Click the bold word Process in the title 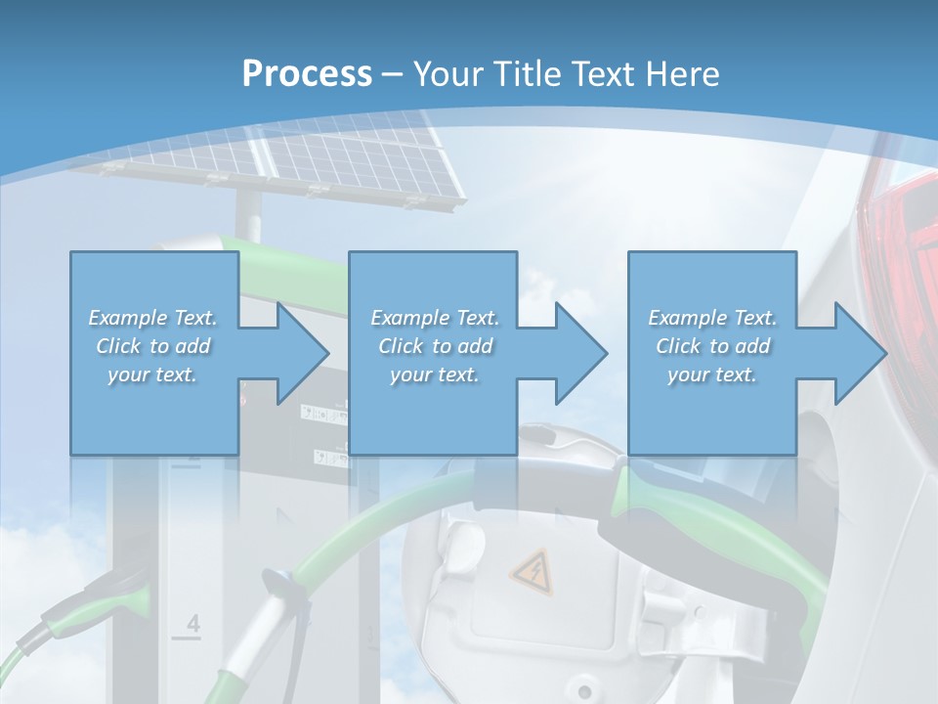tap(307, 73)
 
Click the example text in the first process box tap(153, 346)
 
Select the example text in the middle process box tap(435, 346)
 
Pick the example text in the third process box tap(712, 346)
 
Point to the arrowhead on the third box tap(859, 353)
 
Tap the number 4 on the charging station tap(192, 624)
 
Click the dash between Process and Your tap(393, 74)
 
